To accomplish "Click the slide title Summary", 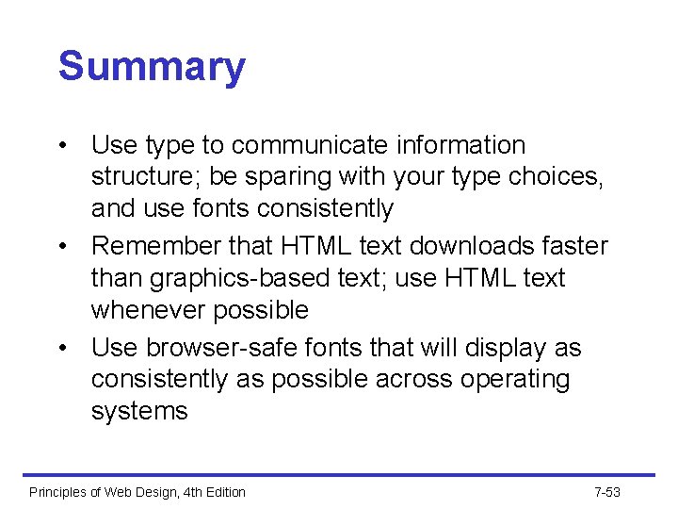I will pos(152,68).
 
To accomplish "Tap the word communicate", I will pos(309,146).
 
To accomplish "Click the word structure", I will pos(145,177).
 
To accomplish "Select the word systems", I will pos(139,412).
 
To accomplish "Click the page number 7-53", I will pos(607,492).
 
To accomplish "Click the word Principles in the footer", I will pos(59,492).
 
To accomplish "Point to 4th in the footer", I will pos(186,492).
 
